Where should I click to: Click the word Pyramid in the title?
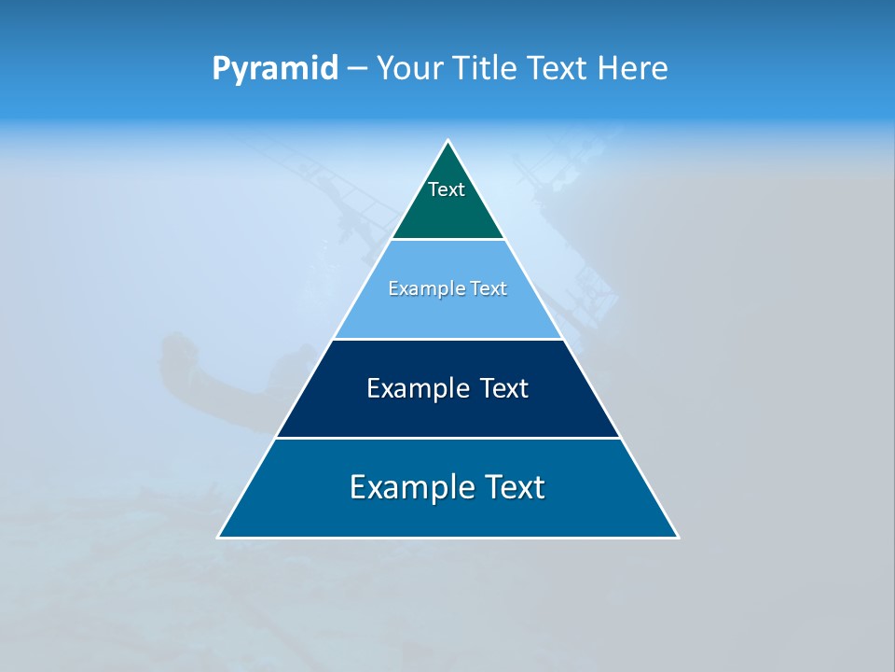[x=275, y=69]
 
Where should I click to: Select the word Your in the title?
[x=406, y=68]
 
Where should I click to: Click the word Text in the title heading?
[x=558, y=68]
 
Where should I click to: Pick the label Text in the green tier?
[x=447, y=189]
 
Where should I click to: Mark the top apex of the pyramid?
[x=448, y=141]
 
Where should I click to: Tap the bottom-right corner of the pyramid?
[x=678, y=537]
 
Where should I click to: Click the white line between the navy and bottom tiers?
[x=447, y=438]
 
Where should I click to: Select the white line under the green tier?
[x=447, y=239]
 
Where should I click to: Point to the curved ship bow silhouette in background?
[x=186, y=369]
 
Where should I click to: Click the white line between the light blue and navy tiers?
[x=447, y=339]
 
